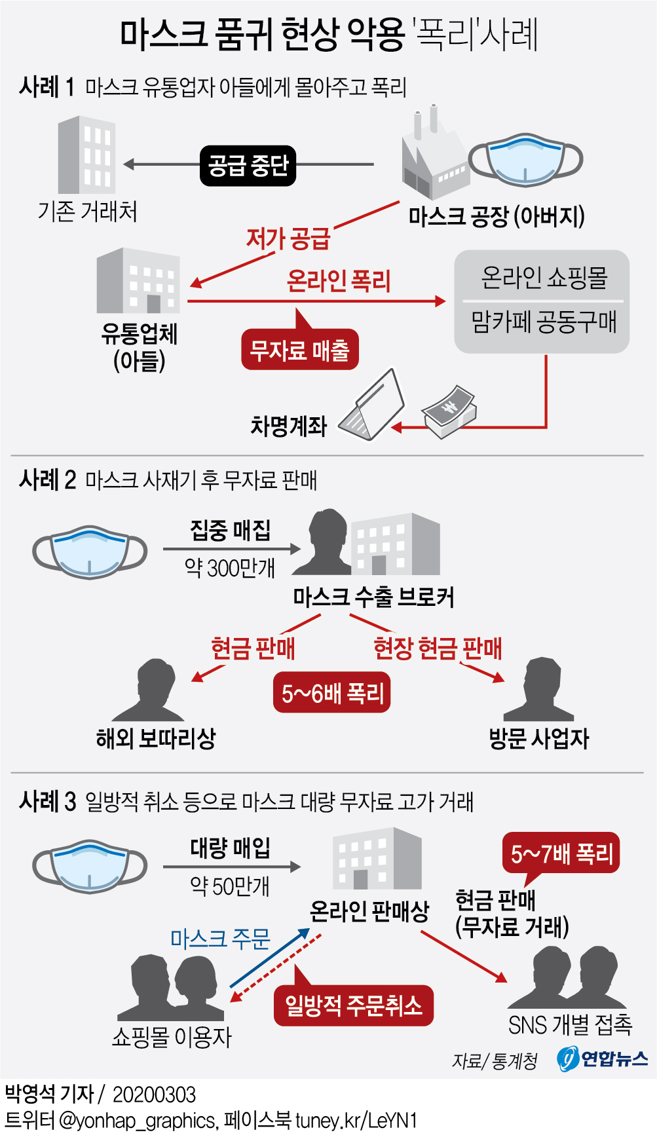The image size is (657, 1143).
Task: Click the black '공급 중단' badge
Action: [248, 165]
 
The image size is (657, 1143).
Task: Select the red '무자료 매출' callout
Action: [300, 350]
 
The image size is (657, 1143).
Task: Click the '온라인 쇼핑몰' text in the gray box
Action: [543, 277]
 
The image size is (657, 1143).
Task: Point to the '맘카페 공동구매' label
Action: [543, 322]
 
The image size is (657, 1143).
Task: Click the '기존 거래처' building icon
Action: [87, 155]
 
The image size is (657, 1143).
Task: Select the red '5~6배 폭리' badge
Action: [331, 692]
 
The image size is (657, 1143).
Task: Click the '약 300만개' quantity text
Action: [230, 567]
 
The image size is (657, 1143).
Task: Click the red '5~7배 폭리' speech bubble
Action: [561, 853]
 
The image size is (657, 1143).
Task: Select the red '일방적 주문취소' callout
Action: [354, 1005]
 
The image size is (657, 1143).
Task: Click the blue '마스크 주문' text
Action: [220, 939]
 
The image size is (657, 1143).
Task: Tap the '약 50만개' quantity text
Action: [230, 886]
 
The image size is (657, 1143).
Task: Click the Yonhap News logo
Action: [602, 1059]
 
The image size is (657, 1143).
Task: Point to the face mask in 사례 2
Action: [90, 552]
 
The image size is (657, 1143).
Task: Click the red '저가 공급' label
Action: [288, 238]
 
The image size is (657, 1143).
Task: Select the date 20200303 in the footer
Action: [154, 1095]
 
